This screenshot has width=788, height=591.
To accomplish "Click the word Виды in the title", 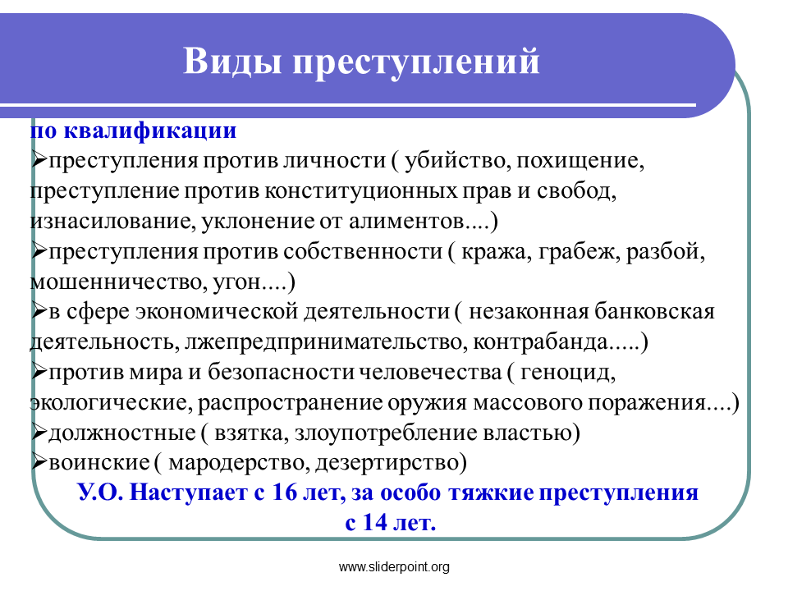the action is (x=232, y=62).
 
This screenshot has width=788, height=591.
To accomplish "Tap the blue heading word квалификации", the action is (x=150, y=131).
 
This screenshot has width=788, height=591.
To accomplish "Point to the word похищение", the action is (x=580, y=162).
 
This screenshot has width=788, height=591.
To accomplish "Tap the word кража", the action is (x=495, y=252).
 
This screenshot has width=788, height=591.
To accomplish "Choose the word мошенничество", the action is (x=116, y=282).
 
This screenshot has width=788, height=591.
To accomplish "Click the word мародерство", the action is (x=236, y=463).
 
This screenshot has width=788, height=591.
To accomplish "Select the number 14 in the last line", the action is (x=375, y=523).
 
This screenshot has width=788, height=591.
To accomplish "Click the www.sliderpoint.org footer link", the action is (x=394, y=567).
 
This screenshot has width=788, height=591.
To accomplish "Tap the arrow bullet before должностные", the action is (x=39, y=433).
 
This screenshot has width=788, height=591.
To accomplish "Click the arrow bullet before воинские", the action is (x=39, y=462).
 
